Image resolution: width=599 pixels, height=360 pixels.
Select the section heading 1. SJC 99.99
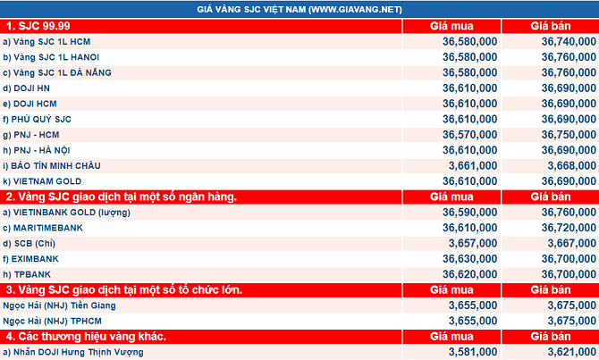pos(38,26)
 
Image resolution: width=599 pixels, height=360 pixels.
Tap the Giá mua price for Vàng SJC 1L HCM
pos(470,42)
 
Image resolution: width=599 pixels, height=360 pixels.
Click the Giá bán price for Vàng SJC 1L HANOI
pos(569,57)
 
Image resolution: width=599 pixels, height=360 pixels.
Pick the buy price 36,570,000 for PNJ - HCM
pos(470,135)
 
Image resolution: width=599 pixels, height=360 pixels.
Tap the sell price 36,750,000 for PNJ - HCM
pos(569,135)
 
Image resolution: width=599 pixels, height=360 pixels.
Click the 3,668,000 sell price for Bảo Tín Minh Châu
pos(572,165)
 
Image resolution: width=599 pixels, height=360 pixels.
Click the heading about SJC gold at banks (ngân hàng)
pos(122,197)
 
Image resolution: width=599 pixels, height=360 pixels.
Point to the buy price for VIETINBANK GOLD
pos(470,213)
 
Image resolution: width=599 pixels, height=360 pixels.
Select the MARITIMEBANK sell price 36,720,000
pos(569,228)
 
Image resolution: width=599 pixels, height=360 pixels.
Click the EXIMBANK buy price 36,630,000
pos(470,259)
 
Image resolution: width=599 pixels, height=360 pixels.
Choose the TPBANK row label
pos(27,274)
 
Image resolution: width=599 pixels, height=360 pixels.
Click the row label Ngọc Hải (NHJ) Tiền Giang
pos(59,306)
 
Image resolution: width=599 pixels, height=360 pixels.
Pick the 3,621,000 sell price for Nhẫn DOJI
pos(572,352)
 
